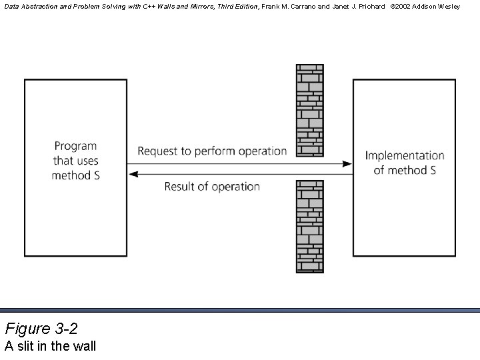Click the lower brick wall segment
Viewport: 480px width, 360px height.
point(309,226)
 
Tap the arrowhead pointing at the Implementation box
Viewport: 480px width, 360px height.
point(347,163)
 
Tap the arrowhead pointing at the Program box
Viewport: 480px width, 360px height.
point(132,174)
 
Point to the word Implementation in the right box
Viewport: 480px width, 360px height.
point(404,156)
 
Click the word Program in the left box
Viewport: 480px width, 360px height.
point(75,146)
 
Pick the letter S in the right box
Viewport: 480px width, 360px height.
point(433,170)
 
